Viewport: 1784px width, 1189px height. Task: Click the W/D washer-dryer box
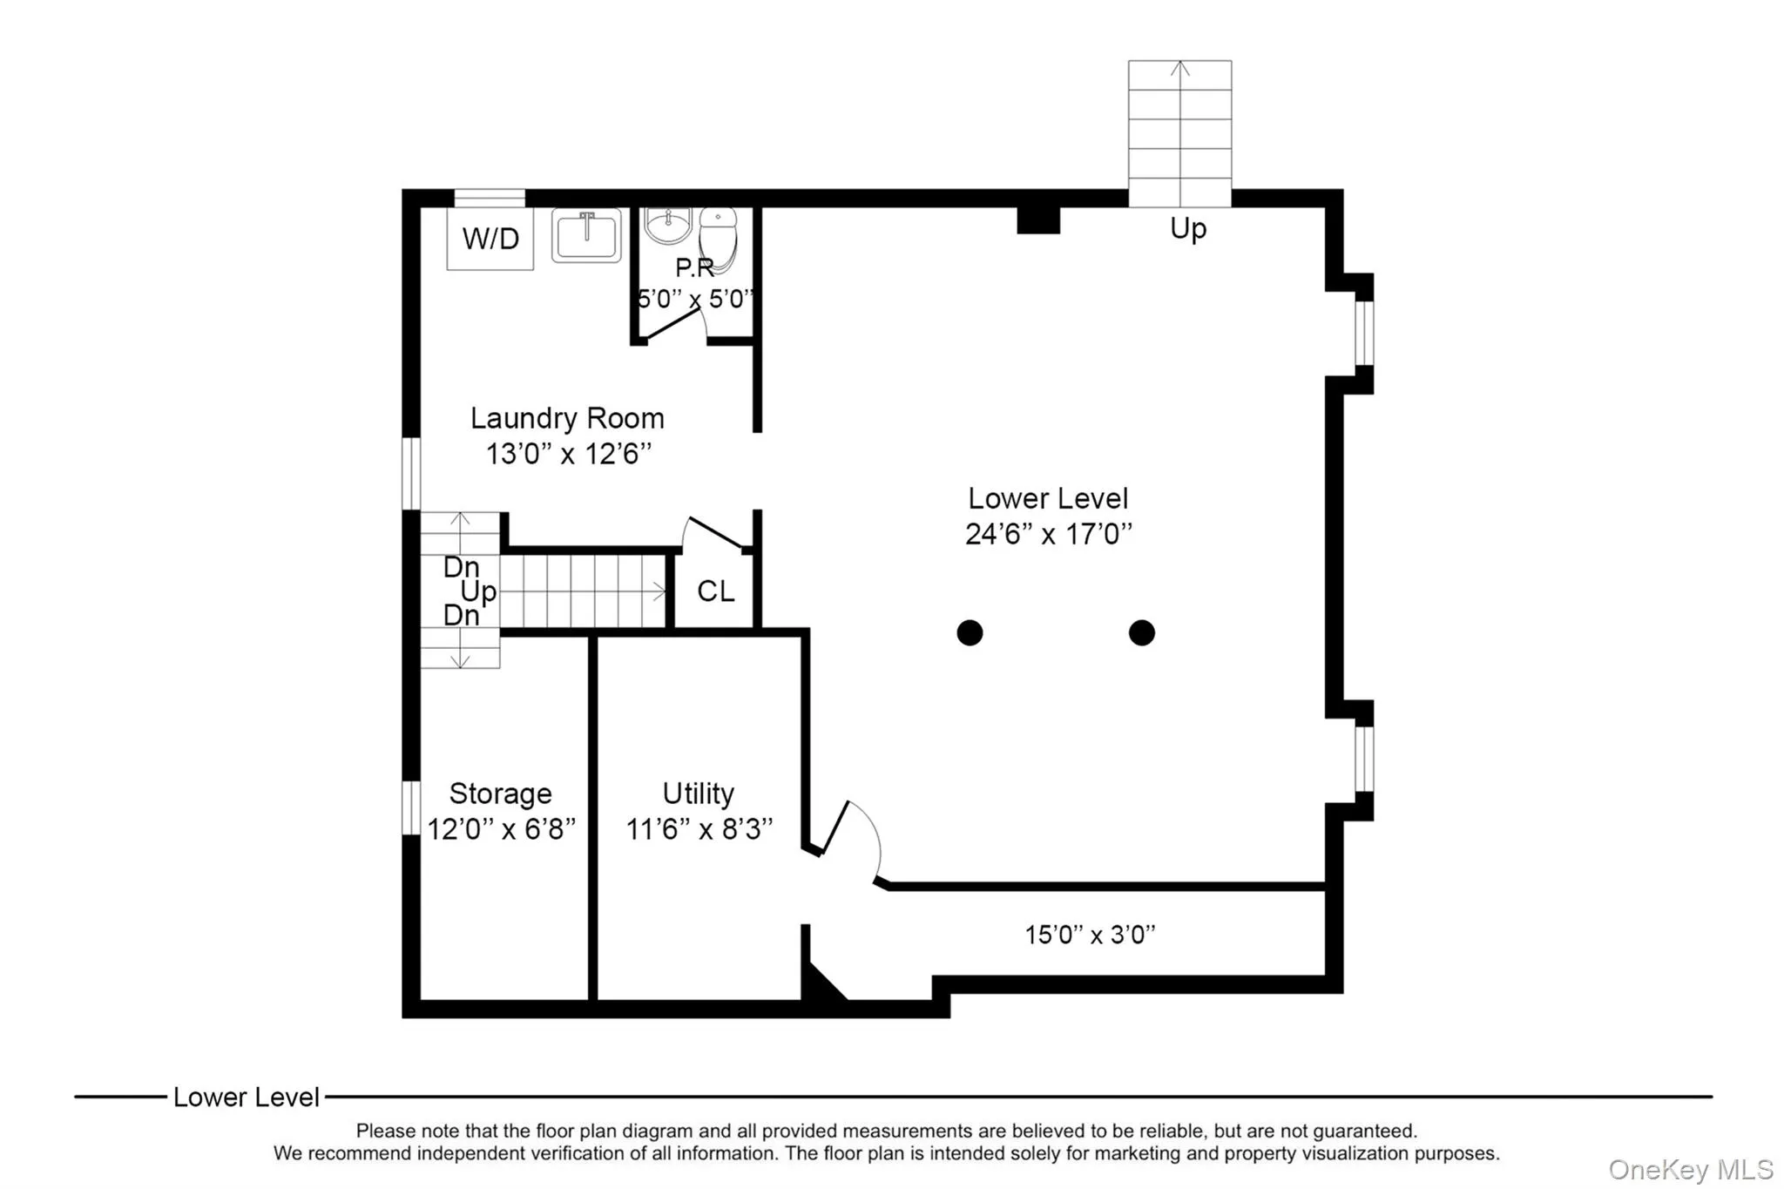pyautogui.click(x=490, y=238)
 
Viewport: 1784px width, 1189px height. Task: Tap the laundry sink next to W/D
pyautogui.click(x=586, y=235)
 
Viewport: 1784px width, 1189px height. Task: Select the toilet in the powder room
pyautogui.click(x=719, y=235)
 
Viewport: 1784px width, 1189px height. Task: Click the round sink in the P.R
pyautogui.click(x=667, y=225)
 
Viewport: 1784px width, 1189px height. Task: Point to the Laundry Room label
pyautogui.click(x=567, y=418)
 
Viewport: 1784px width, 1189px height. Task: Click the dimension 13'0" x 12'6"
pyautogui.click(x=568, y=454)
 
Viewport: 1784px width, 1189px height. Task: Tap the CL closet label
pyautogui.click(x=715, y=591)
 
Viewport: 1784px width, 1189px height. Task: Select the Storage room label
pyautogui.click(x=500, y=794)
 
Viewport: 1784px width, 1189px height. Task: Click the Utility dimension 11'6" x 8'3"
pyautogui.click(x=699, y=828)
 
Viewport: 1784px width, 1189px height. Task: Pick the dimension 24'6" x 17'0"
pyautogui.click(x=1048, y=533)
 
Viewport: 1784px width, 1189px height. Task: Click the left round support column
pyautogui.click(x=970, y=632)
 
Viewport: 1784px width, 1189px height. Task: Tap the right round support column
pyautogui.click(x=1141, y=632)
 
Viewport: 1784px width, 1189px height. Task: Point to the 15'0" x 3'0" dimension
pyautogui.click(x=1090, y=935)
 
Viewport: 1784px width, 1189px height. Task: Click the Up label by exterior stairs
pyautogui.click(x=1187, y=228)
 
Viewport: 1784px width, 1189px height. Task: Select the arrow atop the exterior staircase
pyautogui.click(x=1179, y=69)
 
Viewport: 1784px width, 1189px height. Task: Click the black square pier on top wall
pyautogui.click(x=1038, y=220)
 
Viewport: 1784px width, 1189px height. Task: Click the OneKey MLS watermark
pyautogui.click(x=1690, y=1169)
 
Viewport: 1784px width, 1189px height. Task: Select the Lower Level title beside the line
pyautogui.click(x=246, y=1098)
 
